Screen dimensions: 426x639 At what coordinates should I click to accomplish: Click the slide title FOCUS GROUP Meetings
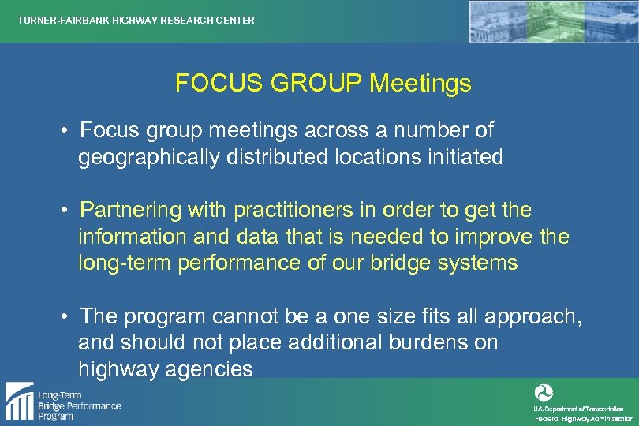click(323, 84)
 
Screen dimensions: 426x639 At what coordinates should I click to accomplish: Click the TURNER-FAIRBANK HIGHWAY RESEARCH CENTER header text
click(136, 21)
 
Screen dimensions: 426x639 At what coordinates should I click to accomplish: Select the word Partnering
click(130, 211)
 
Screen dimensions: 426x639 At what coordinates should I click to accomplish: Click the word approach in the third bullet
click(533, 317)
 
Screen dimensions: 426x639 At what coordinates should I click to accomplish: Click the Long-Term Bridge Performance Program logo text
click(79, 405)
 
